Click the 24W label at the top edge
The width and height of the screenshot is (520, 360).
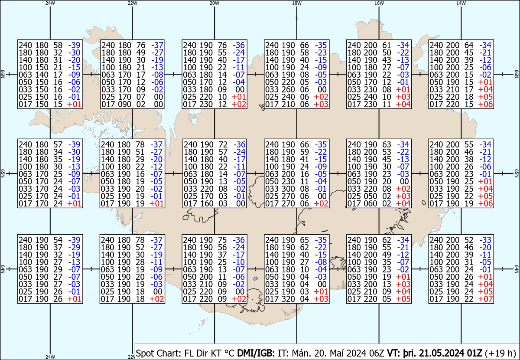click(x=50, y=3)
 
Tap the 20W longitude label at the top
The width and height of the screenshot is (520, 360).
click(x=214, y=3)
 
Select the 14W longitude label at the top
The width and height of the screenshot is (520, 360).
click(x=461, y=3)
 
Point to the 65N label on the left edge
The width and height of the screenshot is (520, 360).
click(x=3, y=173)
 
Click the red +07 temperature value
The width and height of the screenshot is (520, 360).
click(x=485, y=299)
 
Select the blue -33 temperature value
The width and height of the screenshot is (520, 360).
click(x=485, y=240)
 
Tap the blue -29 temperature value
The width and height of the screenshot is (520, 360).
click(x=74, y=247)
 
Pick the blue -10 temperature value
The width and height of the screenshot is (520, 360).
click(x=239, y=262)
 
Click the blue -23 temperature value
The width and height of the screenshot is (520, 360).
click(x=321, y=52)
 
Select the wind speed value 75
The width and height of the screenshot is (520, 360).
click(x=222, y=240)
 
